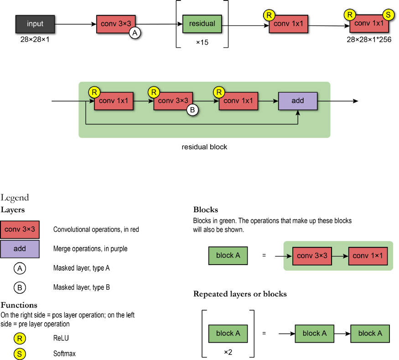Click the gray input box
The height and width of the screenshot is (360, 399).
pyautogui.click(x=35, y=24)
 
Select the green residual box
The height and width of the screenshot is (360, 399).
pyautogui.click(x=202, y=24)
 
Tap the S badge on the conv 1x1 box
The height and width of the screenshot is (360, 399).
pyautogui.click(x=389, y=15)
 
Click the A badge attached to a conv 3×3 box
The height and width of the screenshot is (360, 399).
pyautogui.click(x=135, y=32)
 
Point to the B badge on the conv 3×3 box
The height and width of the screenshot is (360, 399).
pyautogui.click(x=192, y=110)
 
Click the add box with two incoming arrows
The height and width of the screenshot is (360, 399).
pyautogui.click(x=298, y=101)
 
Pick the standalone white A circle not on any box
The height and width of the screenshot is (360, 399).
pyautogui.click(x=20, y=269)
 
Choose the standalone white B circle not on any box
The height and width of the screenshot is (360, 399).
pyautogui.click(x=20, y=288)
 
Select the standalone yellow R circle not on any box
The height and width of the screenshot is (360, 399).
pyautogui.click(x=20, y=339)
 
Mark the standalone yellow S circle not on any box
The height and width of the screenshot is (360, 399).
pyautogui.click(x=20, y=354)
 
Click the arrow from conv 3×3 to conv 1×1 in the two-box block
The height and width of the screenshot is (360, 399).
pyautogui.click(x=340, y=256)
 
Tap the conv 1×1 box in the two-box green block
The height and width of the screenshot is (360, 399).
pyautogui.click(x=368, y=256)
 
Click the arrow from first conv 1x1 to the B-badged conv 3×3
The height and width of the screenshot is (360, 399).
pyautogui.click(x=143, y=101)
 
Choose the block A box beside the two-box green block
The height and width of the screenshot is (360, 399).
pyautogui.click(x=228, y=256)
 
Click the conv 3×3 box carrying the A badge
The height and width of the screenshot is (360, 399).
pyautogui.click(x=116, y=24)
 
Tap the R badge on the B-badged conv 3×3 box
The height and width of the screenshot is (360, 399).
pyautogui.click(x=154, y=92)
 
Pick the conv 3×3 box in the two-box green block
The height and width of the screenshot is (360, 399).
pyautogui.click(x=312, y=256)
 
